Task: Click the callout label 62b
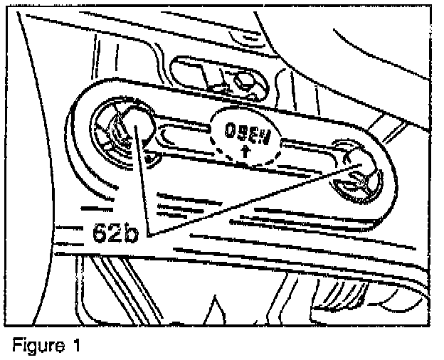pyautogui.click(x=117, y=233)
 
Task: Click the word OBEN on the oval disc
pyautogui.click(x=245, y=132)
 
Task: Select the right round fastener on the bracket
pyautogui.click(x=354, y=173)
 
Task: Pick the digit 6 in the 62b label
pyautogui.click(x=100, y=233)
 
